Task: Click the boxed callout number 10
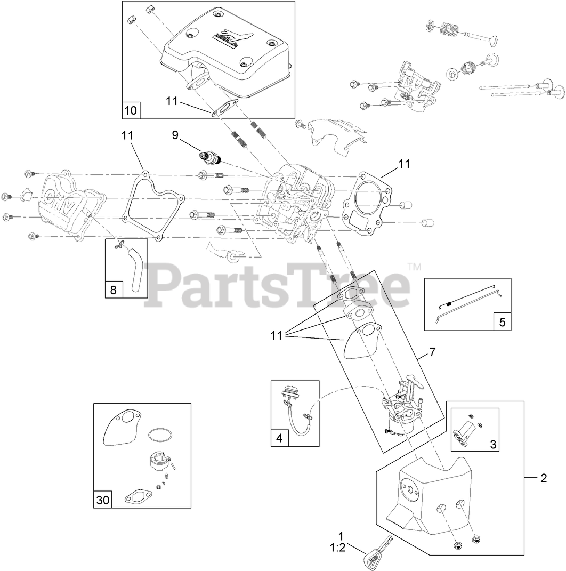click(131, 110)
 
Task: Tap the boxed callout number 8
click(112, 290)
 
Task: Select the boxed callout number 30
click(102, 500)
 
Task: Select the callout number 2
click(544, 478)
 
